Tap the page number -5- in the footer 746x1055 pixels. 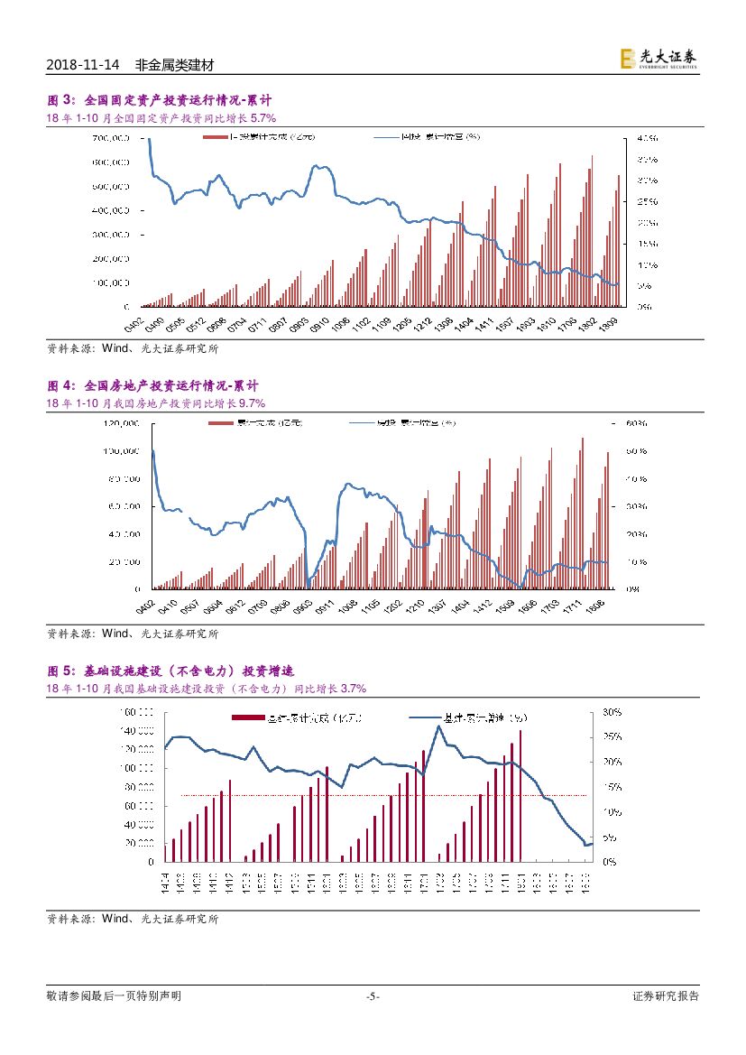coord(373,996)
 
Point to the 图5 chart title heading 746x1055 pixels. coord(170,671)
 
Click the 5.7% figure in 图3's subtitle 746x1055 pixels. coord(262,118)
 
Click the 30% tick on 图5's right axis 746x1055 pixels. coord(611,712)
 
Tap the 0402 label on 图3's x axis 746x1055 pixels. coord(134,323)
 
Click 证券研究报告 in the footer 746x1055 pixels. coord(665,996)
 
